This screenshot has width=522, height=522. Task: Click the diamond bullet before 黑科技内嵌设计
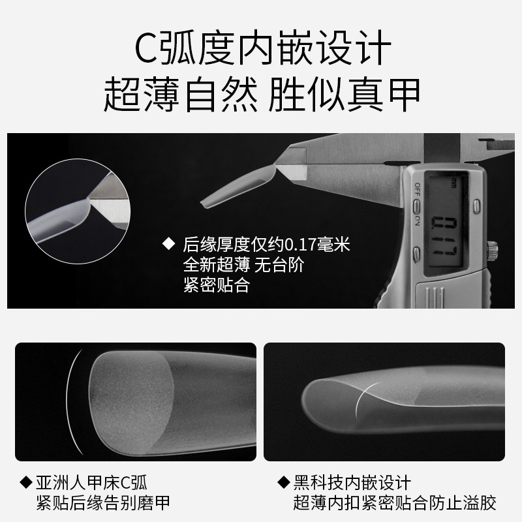[x=283, y=483]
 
